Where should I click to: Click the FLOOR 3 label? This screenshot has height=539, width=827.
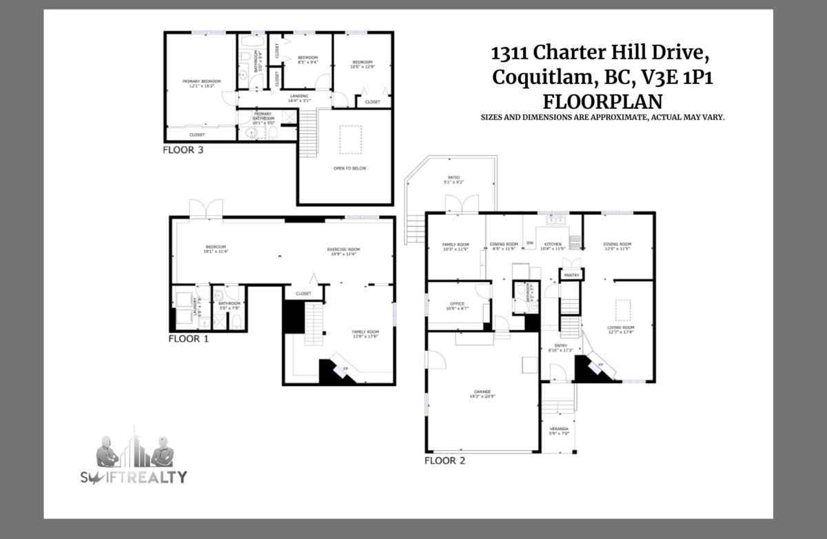[183, 149]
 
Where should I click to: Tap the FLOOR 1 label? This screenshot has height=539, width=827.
[188, 339]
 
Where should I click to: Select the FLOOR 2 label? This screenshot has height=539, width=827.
[445, 460]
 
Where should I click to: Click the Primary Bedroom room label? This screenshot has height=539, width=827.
[201, 82]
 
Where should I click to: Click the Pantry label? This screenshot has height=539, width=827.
[571, 275]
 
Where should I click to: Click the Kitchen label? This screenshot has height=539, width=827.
[553, 244]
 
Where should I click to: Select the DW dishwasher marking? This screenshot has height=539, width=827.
[530, 243]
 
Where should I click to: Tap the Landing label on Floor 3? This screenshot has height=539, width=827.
[298, 97]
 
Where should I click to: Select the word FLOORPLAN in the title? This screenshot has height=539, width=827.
[602, 101]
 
